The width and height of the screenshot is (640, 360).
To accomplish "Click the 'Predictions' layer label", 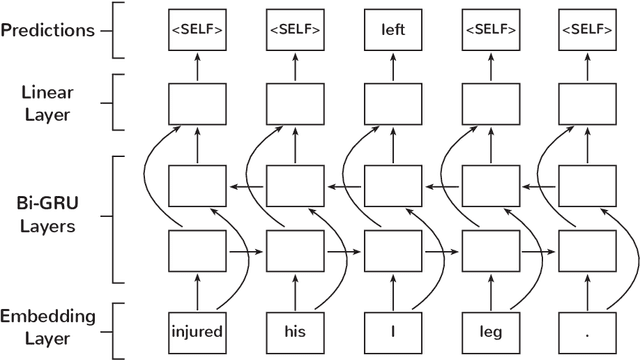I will tap(48, 30).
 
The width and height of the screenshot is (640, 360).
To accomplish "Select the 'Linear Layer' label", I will tap(48, 102).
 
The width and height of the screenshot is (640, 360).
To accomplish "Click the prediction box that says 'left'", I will tap(391, 30).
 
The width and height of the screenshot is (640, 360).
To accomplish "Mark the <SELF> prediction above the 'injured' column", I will tap(196, 30).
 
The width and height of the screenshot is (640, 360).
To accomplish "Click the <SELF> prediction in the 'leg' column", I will tap(489, 30).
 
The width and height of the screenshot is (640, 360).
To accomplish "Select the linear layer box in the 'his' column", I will tap(294, 103).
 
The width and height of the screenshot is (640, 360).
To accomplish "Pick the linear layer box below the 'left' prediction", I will tap(391, 103).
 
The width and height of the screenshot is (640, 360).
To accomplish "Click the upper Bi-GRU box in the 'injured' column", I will tap(196, 185).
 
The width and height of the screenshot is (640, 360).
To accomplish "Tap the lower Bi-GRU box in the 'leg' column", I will tap(489, 247).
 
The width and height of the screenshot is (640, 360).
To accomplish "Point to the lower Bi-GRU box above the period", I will tap(587, 247).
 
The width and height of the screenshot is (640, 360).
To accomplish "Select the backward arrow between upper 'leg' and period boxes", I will tap(538, 185).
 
